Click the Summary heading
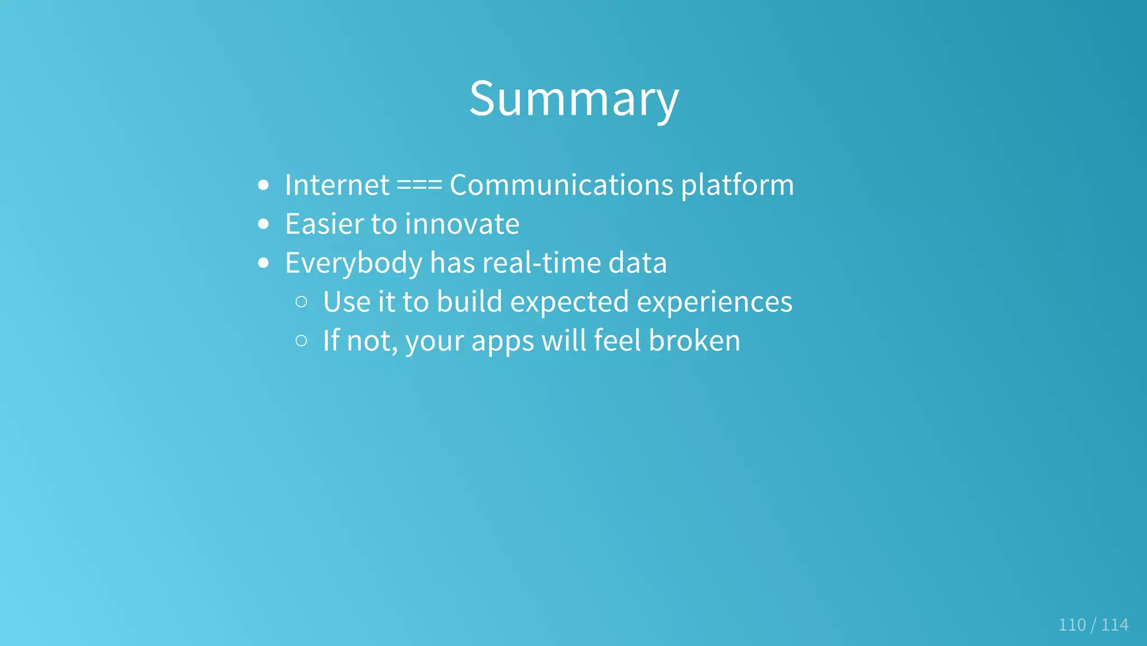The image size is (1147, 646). [x=573, y=99]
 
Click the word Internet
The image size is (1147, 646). [x=337, y=185]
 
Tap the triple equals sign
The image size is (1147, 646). [x=419, y=185]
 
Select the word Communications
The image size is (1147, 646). [x=561, y=185]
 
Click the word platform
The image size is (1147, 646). [x=738, y=186]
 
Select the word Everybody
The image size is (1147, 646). [x=353, y=263]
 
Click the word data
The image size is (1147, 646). [x=637, y=263]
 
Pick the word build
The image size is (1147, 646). [x=469, y=301]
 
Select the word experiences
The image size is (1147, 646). [x=715, y=303]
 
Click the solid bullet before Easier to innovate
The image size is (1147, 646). [x=264, y=224]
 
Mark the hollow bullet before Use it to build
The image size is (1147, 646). [x=301, y=302]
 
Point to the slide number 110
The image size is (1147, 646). [x=1072, y=625]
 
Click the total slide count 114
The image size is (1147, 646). [x=1115, y=625]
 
